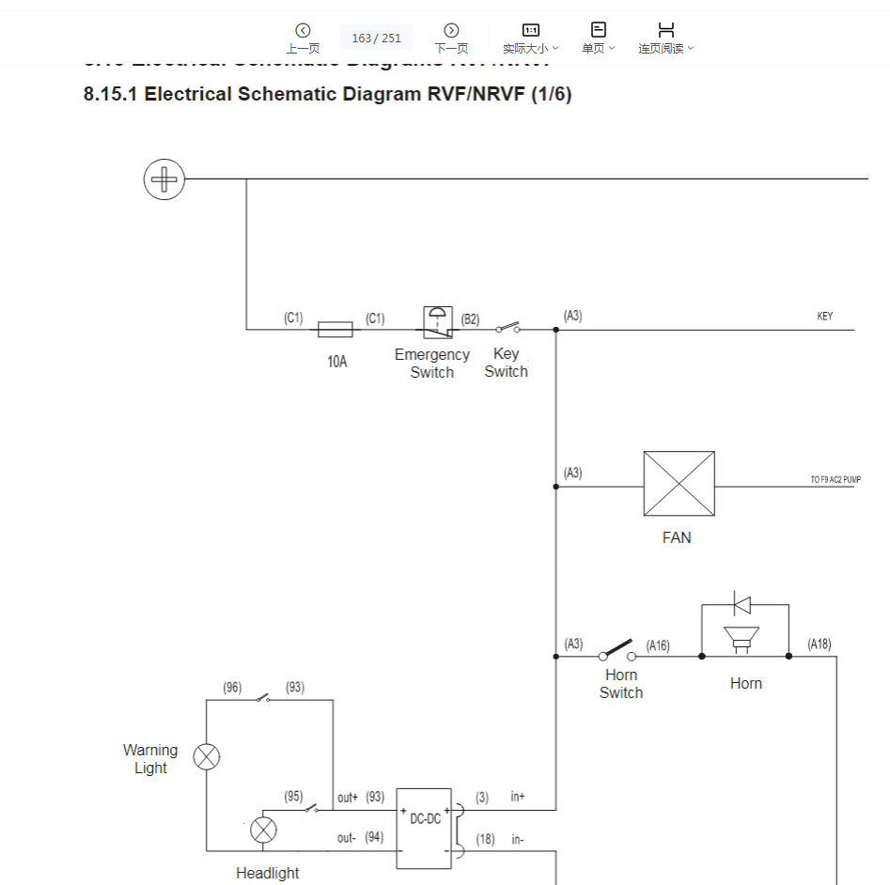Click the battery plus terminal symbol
pyautogui.click(x=164, y=179)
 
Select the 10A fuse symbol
pyautogui.click(x=336, y=330)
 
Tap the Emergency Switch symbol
pyautogui.click(x=437, y=322)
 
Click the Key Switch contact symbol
pyautogui.click(x=507, y=329)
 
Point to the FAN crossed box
pyautogui.click(x=679, y=484)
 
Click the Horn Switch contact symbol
pyautogui.click(x=617, y=651)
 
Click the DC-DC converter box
pyautogui.click(x=425, y=828)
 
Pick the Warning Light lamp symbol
pyautogui.click(x=207, y=756)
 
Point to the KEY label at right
pyautogui.click(x=824, y=317)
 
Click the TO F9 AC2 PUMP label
pyautogui.click(x=835, y=480)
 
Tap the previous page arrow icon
pyautogui.click(x=303, y=31)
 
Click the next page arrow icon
pyautogui.click(x=451, y=31)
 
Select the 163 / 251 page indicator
pyautogui.click(x=376, y=39)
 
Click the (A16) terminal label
pyautogui.click(x=658, y=645)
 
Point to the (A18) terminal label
pyautogui.click(x=819, y=644)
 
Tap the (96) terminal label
pyautogui.click(x=232, y=688)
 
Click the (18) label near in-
pyautogui.click(x=485, y=839)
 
